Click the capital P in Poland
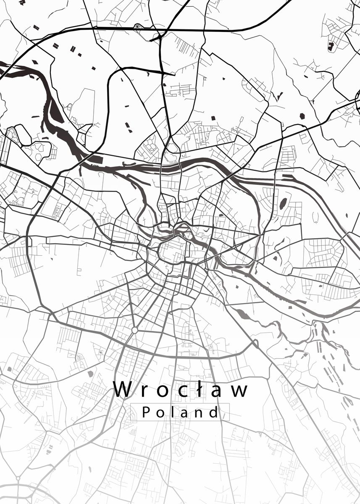tap(146, 412)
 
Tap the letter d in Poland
tap(213, 412)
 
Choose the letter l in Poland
tap(173, 412)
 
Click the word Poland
tap(180, 412)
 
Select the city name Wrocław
tap(181, 389)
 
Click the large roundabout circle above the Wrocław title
tap(134, 331)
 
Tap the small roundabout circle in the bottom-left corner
tap(18, 478)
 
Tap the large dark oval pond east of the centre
tap(283, 203)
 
